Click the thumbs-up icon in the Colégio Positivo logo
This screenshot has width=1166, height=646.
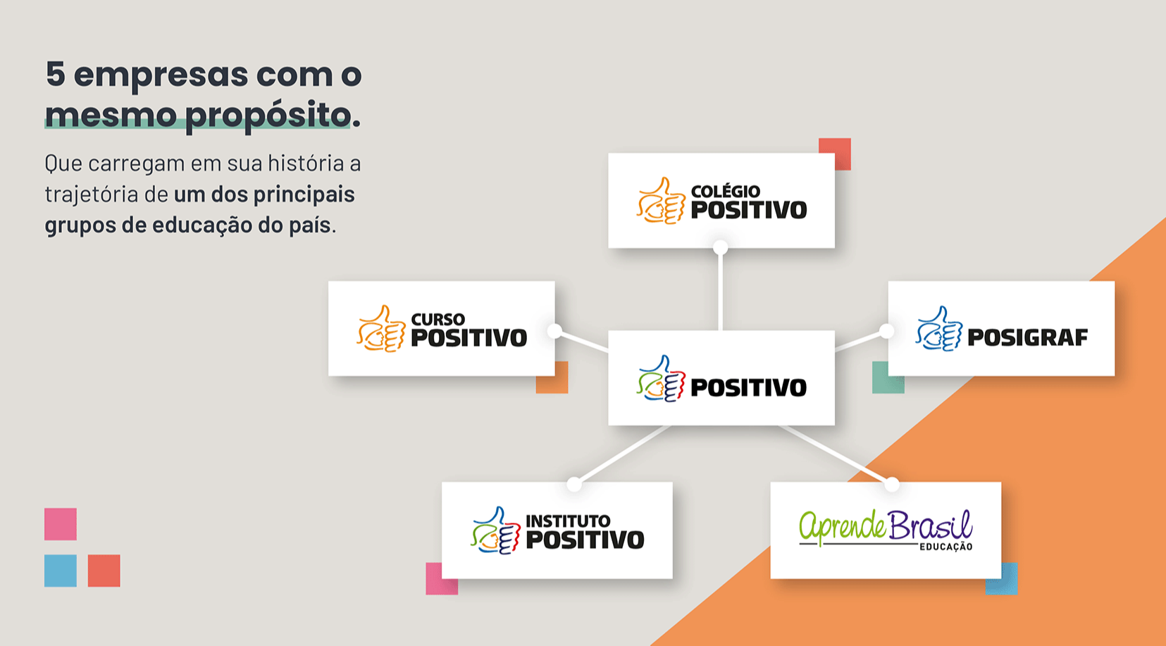pyautogui.click(x=661, y=201)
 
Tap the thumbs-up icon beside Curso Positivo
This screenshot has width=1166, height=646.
pyautogui.click(x=381, y=329)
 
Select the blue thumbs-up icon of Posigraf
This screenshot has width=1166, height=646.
pyautogui.click(x=939, y=329)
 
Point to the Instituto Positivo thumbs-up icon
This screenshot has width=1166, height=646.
pyautogui.click(x=495, y=530)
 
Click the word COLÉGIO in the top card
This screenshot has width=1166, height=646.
pyautogui.click(x=725, y=191)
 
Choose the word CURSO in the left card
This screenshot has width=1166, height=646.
pyautogui.click(x=438, y=320)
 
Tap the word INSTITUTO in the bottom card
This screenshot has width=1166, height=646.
pyautogui.click(x=568, y=521)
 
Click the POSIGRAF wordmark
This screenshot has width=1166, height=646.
pyautogui.click(x=1027, y=338)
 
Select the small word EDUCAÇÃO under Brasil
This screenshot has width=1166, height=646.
pyautogui.click(x=945, y=547)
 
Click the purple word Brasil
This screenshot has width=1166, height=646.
pyautogui.click(x=930, y=526)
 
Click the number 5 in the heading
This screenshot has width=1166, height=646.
pyautogui.click(x=56, y=74)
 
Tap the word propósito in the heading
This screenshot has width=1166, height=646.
pyautogui.click(x=268, y=115)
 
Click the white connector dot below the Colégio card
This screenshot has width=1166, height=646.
pyautogui.click(x=720, y=247)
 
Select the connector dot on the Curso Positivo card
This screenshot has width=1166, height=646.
pyautogui.click(x=554, y=330)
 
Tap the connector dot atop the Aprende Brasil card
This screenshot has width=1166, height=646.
pyautogui.click(x=892, y=484)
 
